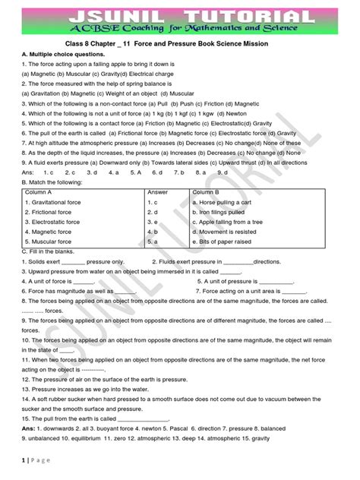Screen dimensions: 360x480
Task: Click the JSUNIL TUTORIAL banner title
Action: pos(180,17)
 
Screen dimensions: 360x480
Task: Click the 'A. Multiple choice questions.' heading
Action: pos(63,74)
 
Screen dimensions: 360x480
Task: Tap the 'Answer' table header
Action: pos(157,192)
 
